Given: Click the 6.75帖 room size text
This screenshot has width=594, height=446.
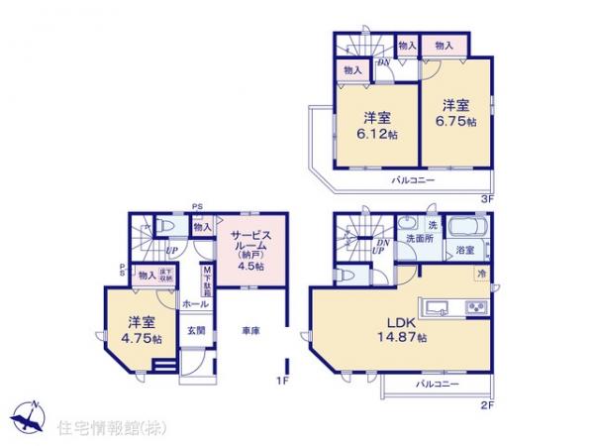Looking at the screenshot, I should click(455, 122).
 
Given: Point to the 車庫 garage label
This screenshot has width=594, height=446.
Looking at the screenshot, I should click(249, 330).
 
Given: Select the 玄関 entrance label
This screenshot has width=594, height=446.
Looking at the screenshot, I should click(196, 331).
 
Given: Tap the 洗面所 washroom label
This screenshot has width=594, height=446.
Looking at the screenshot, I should click(418, 240).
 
